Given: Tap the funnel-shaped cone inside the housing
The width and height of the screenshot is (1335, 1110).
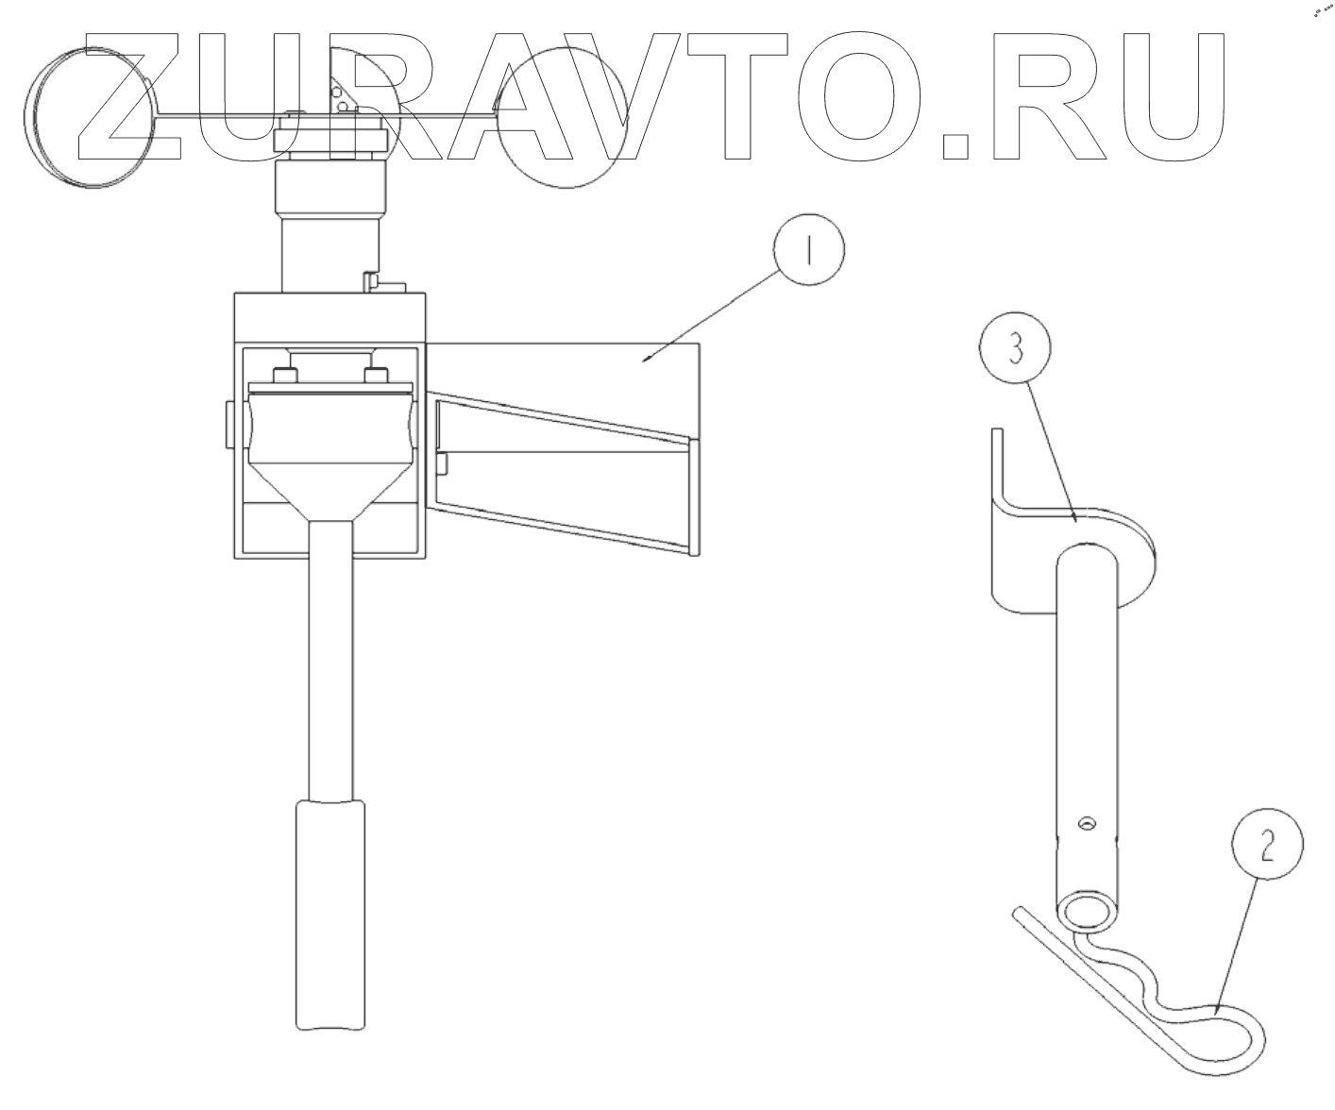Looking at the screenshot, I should [x=330, y=482].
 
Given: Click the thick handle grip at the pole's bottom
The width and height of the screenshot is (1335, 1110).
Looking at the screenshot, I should [x=330, y=915].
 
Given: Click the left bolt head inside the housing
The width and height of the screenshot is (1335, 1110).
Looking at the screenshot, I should [x=283, y=376].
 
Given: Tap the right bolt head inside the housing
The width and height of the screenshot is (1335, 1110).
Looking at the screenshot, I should [x=377, y=376].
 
